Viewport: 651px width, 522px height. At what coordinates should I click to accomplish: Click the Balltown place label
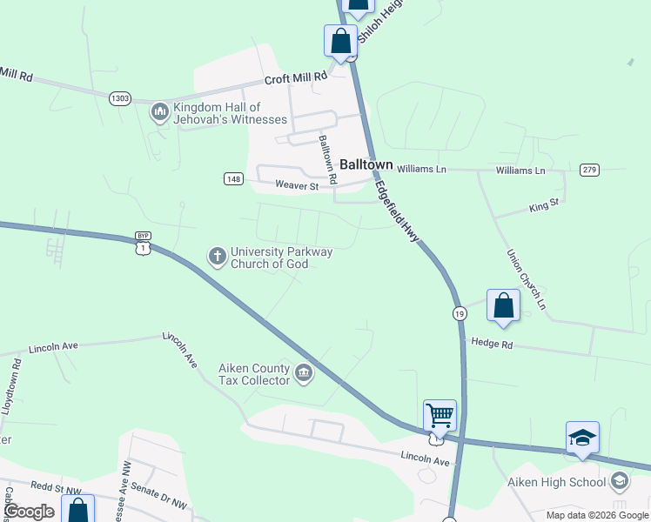366,164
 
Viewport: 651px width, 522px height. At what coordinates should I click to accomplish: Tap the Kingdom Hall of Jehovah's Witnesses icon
159,112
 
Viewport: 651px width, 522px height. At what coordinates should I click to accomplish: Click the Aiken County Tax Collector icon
303,374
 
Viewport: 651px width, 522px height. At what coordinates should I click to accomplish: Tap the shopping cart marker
440,416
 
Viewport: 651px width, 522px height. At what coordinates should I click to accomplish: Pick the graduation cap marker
582,437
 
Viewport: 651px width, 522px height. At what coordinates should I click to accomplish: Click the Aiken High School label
557,482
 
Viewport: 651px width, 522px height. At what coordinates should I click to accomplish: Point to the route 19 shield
459,312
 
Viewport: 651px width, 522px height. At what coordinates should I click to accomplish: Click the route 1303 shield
120,99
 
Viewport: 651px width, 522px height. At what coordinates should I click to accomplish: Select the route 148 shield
232,179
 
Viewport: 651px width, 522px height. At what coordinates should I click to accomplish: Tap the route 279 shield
589,169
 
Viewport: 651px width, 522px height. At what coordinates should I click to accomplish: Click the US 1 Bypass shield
143,244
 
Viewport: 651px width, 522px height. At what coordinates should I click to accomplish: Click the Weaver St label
298,184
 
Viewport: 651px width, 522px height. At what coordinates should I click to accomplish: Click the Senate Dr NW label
161,496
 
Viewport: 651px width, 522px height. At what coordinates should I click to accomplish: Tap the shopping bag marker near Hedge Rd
503,305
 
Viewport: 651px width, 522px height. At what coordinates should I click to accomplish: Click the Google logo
30,512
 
